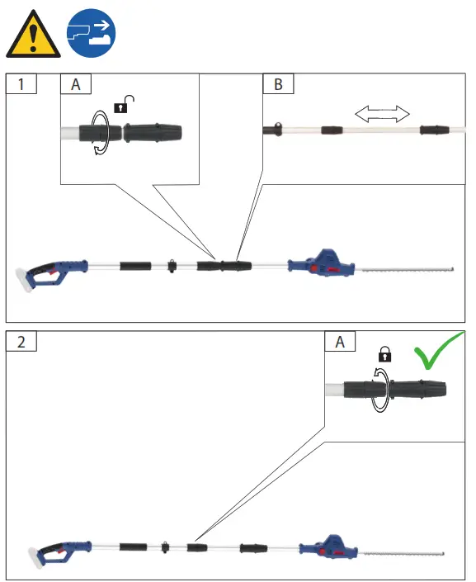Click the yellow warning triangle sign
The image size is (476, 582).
(32, 35)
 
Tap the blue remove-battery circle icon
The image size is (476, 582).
(90, 33)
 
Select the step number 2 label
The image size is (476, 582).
(22, 341)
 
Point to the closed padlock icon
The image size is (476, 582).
(384, 355)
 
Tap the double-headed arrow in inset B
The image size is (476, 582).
(382, 113)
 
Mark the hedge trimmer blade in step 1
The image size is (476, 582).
(404, 267)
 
